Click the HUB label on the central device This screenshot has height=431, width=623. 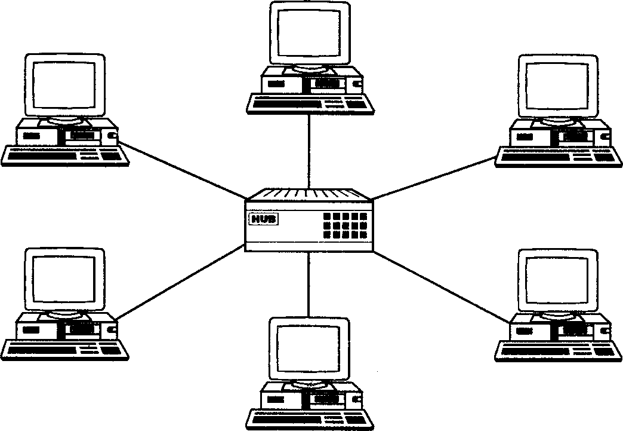tap(264, 219)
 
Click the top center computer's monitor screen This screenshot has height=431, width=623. tap(309, 33)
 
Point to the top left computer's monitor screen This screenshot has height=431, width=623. tap(64, 85)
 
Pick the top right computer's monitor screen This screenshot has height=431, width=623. tap(557, 87)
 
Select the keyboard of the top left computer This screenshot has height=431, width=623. tap(64, 156)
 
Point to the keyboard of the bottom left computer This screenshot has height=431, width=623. tap(64, 349)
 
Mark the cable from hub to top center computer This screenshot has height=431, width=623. tap(309, 149)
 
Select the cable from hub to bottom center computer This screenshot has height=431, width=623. tap(309, 284)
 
